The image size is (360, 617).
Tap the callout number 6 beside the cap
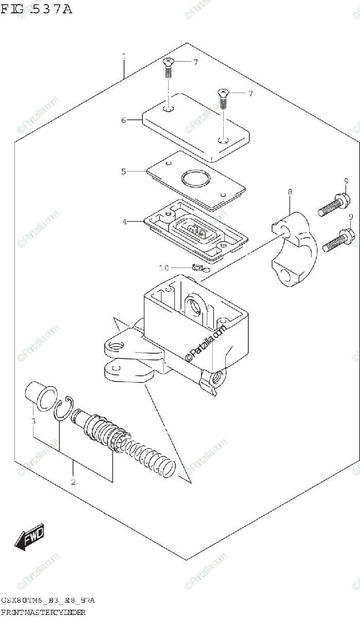pyautogui.click(x=123, y=120)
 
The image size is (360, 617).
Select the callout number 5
pyautogui.click(x=123, y=171)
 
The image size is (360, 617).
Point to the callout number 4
pyautogui.click(x=124, y=222)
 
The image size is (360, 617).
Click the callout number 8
pyautogui.click(x=290, y=192)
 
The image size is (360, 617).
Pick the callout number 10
pyautogui.click(x=164, y=268)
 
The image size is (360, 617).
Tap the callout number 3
pyautogui.click(x=33, y=422)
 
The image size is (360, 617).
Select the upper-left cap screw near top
pyautogui.click(x=169, y=67)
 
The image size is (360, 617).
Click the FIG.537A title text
pyautogui.click(x=36, y=9)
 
